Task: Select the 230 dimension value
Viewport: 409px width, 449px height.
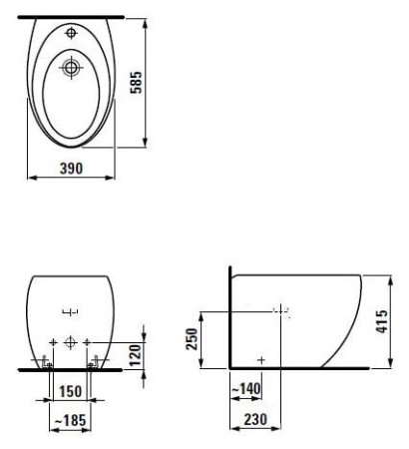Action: coord(256,422)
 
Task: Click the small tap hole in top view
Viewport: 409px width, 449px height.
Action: coord(71,33)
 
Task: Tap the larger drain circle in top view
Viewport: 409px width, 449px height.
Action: coord(71,68)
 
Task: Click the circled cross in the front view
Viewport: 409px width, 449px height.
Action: coord(70,342)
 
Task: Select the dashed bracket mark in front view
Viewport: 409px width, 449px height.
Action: coord(70,309)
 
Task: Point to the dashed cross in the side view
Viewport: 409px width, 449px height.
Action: coord(283,311)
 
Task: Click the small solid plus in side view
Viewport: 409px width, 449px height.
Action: coord(261,357)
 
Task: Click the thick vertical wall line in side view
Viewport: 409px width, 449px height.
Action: coord(229,319)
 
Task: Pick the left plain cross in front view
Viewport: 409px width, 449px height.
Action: coord(52,342)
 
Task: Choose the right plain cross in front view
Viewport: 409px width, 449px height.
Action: coord(88,342)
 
